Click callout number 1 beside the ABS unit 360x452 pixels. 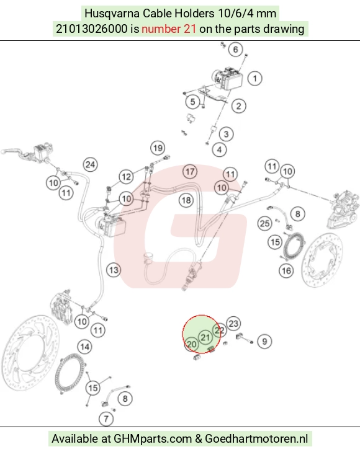coord(254,78)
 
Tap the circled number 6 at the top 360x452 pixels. coord(236,50)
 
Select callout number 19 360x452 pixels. coord(158,148)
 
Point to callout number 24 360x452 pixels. coord(90,164)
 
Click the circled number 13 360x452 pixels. coord(114,270)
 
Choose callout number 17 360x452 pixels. coord(190,172)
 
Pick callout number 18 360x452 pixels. coord(186,200)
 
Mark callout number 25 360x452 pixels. coord(265,223)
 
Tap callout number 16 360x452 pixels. coord(286,271)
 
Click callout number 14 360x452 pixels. coord(85,347)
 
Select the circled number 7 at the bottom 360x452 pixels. coord(106,419)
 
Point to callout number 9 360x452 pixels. coord(264,341)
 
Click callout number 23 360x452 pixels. coord(233,324)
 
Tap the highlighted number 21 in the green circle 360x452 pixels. coord(205,337)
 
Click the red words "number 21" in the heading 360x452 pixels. coord(169,29)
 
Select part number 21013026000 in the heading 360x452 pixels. coord(91,29)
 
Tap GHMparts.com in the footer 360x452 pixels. coord(153,439)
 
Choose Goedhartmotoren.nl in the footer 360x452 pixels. coord(256,439)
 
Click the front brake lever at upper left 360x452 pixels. coord(12,152)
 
